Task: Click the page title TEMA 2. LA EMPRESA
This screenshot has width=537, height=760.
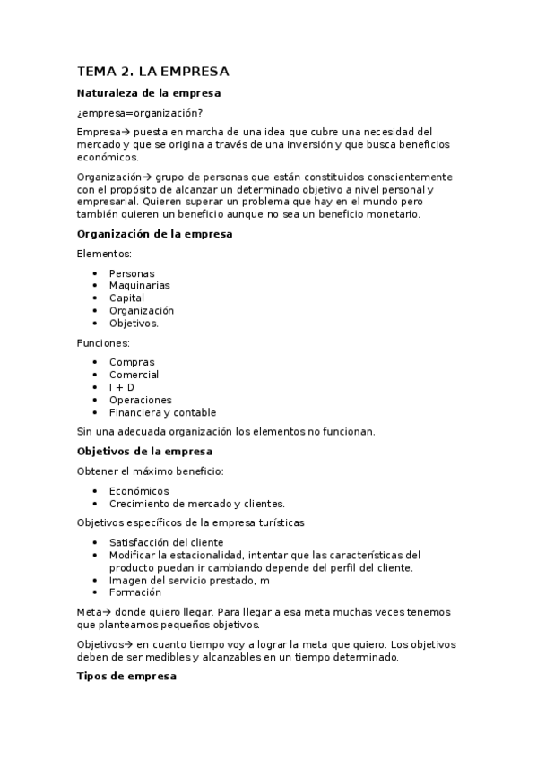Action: pyautogui.click(x=153, y=71)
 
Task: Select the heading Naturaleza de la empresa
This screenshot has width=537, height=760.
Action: pyautogui.click(x=149, y=93)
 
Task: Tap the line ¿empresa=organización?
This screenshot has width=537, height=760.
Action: pyautogui.click(x=139, y=112)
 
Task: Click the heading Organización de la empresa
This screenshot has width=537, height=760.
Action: pyautogui.click(x=155, y=235)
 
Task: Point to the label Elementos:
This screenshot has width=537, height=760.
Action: pyautogui.click(x=104, y=254)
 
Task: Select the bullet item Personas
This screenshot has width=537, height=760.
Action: pyautogui.click(x=131, y=273)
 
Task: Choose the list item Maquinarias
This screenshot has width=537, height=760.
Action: pyautogui.click(x=139, y=286)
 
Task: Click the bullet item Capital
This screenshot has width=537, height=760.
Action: pyautogui.click(x=126, y=298)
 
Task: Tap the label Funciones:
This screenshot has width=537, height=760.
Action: pyautogui.click(x=103, y=343)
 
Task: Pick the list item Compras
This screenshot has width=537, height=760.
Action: pyautogui.click(x=132, y=363)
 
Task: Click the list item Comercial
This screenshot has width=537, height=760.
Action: pyautogui.click(x=134, y=376)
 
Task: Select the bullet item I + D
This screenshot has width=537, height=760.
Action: pyautogui.click(x=122, y=388)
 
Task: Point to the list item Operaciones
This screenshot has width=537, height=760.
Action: pyautogui.click(x=140, y=401)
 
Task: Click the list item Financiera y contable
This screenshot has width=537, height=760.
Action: pyautogui.click(x=162, y=413)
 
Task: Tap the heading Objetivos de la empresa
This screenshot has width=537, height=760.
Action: pyautogui.click(x=145, y=452)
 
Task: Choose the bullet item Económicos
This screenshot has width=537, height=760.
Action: pyautogui.click(x=139, y=491)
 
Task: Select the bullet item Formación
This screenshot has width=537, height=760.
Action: pyautogui.click(x=135, y=592)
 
